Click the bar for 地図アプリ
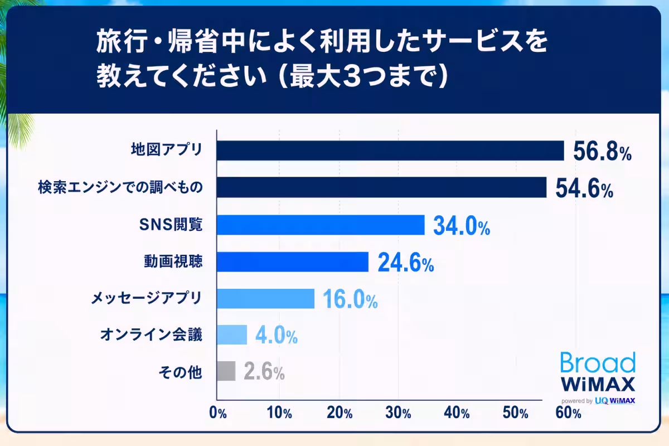point(390,151)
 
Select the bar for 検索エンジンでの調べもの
point(382,187)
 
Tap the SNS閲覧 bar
point(321,225)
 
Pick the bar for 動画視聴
point(293,261)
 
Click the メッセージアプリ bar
point(266,298)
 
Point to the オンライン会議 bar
point(232,335)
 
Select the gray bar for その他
point(226,371)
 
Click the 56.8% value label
point(602,152)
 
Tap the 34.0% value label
point(462,226)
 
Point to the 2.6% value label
point(264,372)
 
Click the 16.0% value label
point(350,299)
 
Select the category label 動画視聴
point(173,261)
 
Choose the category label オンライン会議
point(151,334)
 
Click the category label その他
point(181,372)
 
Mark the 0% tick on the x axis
point(218,413)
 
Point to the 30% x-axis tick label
point(398,413)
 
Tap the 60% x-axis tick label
point(568,413)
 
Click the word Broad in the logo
point(598,362)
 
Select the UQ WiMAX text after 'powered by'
point(615,401)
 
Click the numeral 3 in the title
point(354,76)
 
